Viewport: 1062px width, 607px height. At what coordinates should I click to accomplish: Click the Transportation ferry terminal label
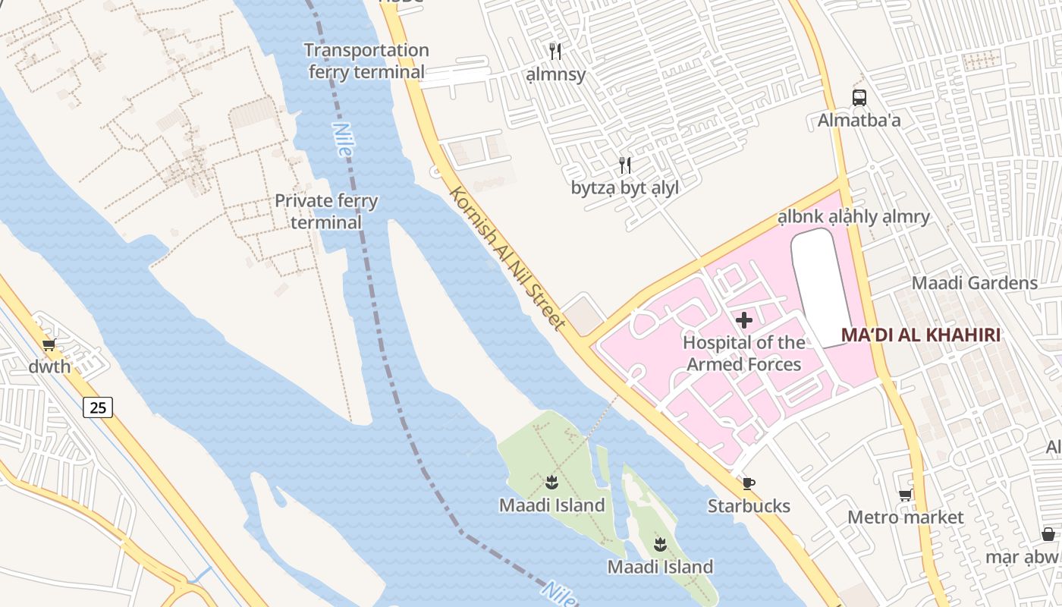pos(366,61)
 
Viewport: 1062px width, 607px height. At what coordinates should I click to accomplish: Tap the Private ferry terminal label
pos(326,212)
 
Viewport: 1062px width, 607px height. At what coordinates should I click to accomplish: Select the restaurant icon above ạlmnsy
pos(556,52)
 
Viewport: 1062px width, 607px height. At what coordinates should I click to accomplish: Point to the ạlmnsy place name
pos(556,74)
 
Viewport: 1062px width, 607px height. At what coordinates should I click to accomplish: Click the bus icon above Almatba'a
pos(859,98)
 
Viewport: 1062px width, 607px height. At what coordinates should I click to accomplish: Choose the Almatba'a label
pos(859,120)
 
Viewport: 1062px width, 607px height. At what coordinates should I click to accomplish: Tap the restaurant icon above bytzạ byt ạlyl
pos(625,165)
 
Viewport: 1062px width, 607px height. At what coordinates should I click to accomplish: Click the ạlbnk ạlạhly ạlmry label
pos(853,217)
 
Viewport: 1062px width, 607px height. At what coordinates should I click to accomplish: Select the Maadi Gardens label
pos(974,283)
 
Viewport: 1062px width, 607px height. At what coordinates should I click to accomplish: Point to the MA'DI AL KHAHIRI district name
pos(920,335)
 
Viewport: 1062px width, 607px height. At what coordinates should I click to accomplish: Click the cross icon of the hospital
pos(744,320)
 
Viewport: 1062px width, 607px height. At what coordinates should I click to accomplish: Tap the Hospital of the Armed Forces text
pos(744,354)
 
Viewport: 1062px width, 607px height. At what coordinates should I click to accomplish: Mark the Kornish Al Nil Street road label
pos(507,259)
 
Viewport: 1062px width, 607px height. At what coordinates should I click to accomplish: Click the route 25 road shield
pos(98,407)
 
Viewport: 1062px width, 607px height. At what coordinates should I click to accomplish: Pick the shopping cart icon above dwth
pos(50,345)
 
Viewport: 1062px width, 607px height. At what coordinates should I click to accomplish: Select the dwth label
pos(50,367)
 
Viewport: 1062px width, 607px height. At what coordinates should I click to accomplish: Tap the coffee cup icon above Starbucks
pos(749,484)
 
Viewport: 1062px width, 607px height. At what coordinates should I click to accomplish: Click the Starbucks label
pos(749,506)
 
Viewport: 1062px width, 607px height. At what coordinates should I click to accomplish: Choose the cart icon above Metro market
pos(905,495)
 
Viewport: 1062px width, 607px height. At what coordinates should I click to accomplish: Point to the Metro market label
pos(905,517)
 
